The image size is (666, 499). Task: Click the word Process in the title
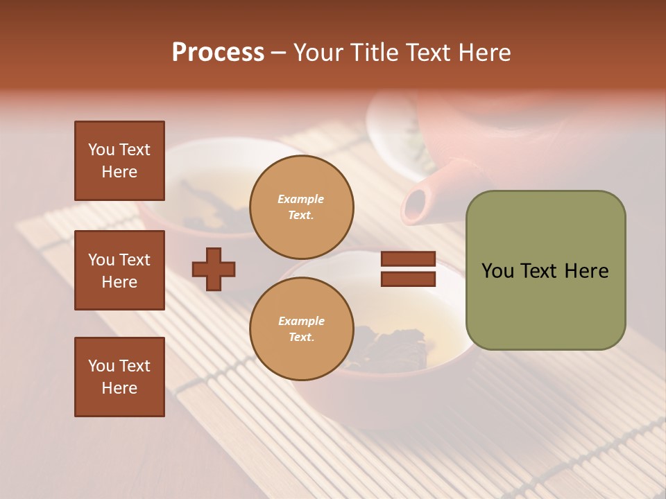(218, 53)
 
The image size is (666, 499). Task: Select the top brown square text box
(119, 161)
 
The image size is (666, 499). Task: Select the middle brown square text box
(119, 270)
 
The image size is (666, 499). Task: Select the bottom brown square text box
(119, 377)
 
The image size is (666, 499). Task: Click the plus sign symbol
(214, 269)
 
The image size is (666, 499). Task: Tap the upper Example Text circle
(301, 207)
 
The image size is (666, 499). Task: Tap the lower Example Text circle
(301, 329)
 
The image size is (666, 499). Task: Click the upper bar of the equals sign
(408, 259)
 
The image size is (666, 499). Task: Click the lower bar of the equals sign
(408, 279)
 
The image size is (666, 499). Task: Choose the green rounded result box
(545, 270)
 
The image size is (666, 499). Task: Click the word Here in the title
(484, 53)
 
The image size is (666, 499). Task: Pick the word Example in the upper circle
(301, 199)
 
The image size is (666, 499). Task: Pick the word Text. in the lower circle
(301, 338)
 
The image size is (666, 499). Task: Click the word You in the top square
(101, 150)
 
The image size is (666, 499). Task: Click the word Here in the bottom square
(119, 388)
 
